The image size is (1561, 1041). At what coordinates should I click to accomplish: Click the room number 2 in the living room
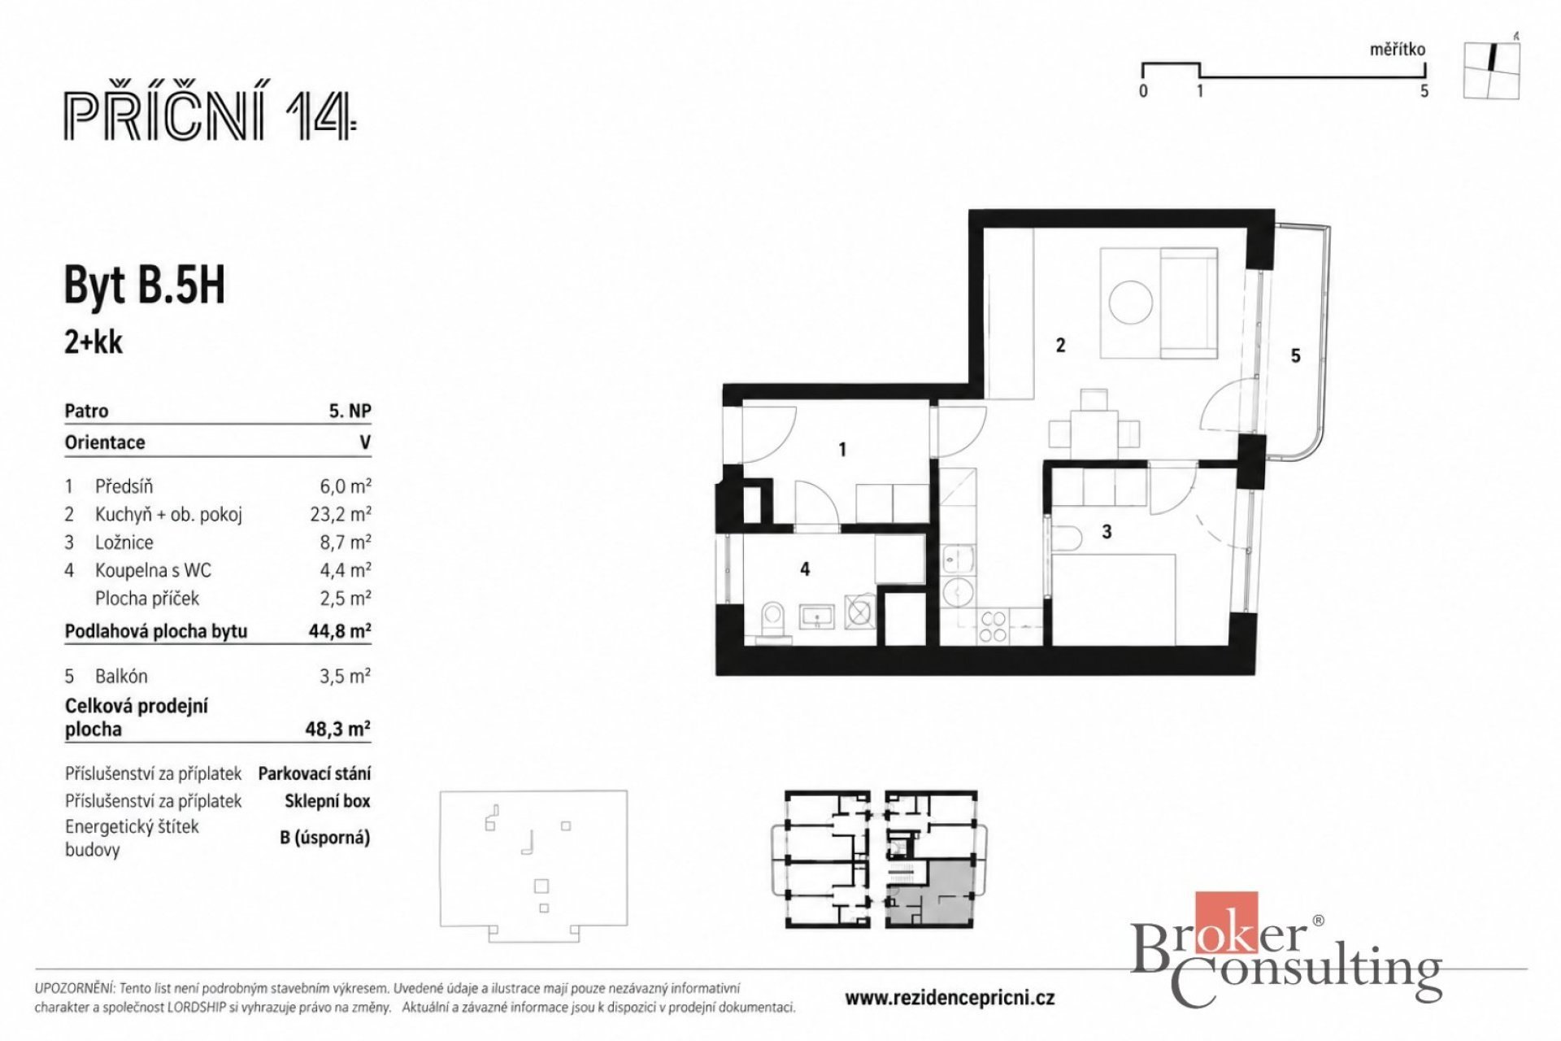(1060, 346)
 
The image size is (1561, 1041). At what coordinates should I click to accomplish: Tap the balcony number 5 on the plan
(1296, 355)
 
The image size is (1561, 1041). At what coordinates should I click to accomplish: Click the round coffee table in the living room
(1131, 302)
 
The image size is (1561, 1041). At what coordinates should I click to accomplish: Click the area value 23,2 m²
(346, 514)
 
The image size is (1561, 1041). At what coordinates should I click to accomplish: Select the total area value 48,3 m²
(337, 729)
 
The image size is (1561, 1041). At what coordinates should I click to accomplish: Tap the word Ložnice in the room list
(124, 542)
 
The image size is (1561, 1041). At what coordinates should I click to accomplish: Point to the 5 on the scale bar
(1424, 91)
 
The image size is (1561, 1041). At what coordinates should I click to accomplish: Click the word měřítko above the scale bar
(1398, 49)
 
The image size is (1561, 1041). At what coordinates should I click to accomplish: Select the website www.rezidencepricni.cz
(950, 998)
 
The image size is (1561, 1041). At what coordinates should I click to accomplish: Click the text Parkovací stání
(315, 773)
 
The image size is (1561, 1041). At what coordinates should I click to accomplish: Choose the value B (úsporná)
(325, 837)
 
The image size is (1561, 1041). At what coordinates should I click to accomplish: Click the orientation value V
(365, 442)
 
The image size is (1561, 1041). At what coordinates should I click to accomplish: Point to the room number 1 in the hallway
(842, 449)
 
